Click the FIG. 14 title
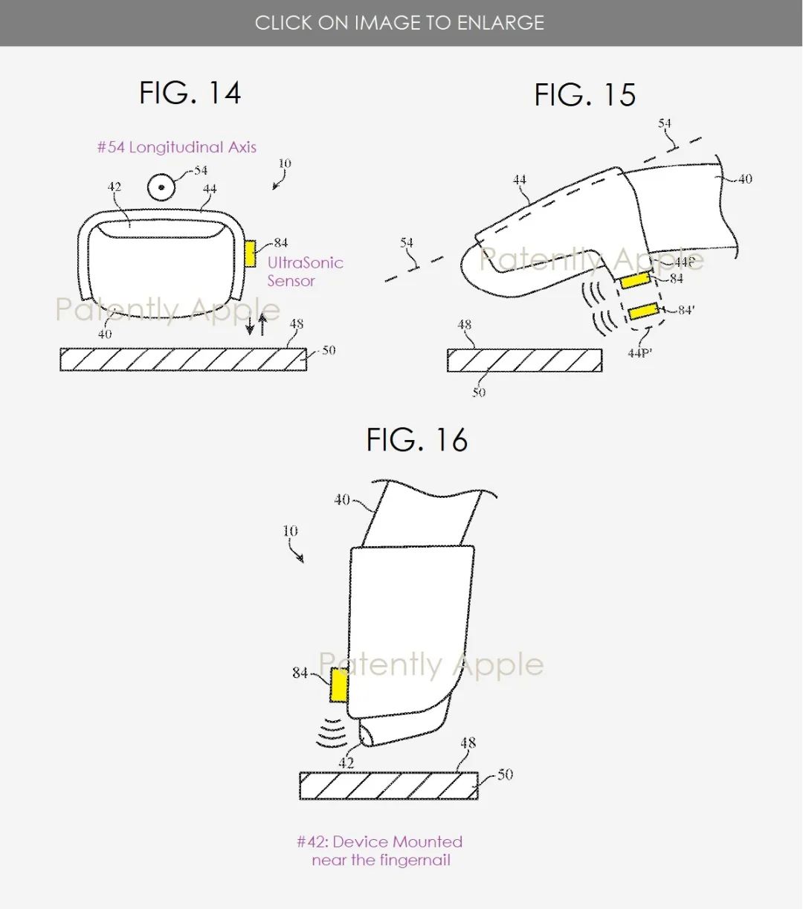point(190,93)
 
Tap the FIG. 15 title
point(585,95)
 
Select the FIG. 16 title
point(417,440)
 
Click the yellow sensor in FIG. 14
point(251,254)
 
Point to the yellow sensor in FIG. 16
point(339,685)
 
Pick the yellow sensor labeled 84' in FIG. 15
point(643,311)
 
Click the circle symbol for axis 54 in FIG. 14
point(161,187)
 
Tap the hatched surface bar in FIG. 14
point(183,360)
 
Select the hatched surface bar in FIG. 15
point(524,360)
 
